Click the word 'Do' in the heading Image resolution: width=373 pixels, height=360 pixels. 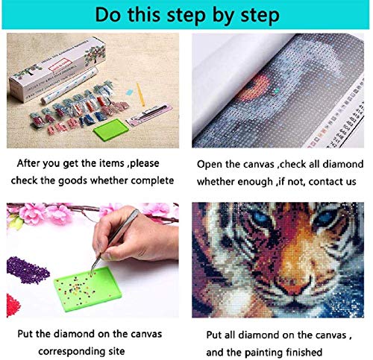click(x=109, y=15)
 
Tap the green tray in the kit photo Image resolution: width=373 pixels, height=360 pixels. click(x=111, y=130)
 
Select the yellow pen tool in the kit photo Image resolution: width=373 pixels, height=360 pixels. click(x=140, y=94)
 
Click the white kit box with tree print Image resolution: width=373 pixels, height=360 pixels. click(x=57, y=69)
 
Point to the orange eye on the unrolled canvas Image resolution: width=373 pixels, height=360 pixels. click(x=254, y=89)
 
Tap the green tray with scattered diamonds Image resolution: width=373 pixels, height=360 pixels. click(x=88, y=288)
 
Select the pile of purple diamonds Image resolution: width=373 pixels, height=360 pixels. click(x=28, y=271)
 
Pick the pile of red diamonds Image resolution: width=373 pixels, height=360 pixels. click(x=13, y=305)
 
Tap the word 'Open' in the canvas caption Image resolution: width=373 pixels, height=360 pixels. click(x=210, y=165)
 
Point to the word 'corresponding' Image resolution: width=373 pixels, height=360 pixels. click(x=74, y=352)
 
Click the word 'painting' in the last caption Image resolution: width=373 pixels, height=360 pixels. click(x=264, y=353)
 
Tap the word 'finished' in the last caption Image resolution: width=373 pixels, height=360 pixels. click(x=304, y=352)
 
